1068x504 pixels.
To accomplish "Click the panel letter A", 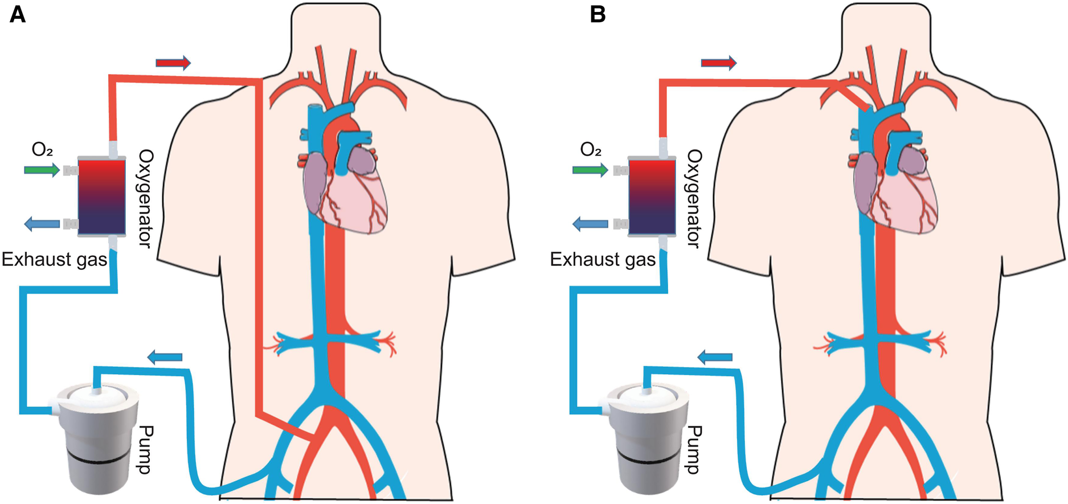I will click(x=18, y=14).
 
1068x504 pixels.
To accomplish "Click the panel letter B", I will click(x=598, y=14).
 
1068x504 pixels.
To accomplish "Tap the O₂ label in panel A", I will click(x=42, y=150).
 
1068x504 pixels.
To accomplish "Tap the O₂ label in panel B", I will click(x=591, y=150).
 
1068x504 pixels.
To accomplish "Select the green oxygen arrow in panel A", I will click(x=42, y=170).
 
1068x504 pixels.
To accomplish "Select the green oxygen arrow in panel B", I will click(x=590, y=170).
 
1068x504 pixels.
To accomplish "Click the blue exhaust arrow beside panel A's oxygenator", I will click(x=42, y=224).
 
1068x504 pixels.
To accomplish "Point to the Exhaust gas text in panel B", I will click(x=603, y=260).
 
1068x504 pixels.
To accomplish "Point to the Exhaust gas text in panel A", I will click(x=54, y=260).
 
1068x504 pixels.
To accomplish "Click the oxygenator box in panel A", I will click(x=101, y=197).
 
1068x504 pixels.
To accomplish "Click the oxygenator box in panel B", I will click(x=652, y=197).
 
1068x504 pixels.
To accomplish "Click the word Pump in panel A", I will click(x=145, y=449).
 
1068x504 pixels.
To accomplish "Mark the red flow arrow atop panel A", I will click(x=173, y=62).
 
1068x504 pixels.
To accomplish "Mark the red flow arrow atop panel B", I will click(x=718, y=62).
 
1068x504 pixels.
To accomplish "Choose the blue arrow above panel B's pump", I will click(x=715, y=358).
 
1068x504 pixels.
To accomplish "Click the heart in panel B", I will click(x=897, y=188).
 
